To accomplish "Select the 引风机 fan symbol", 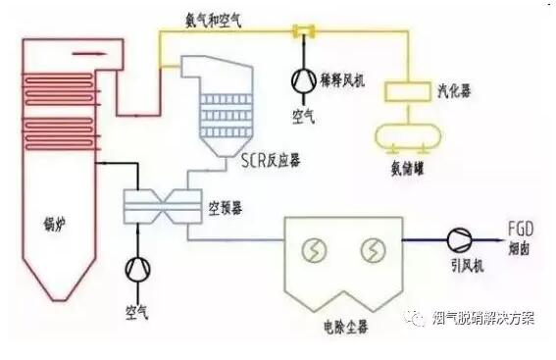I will (x=459, y=238).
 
